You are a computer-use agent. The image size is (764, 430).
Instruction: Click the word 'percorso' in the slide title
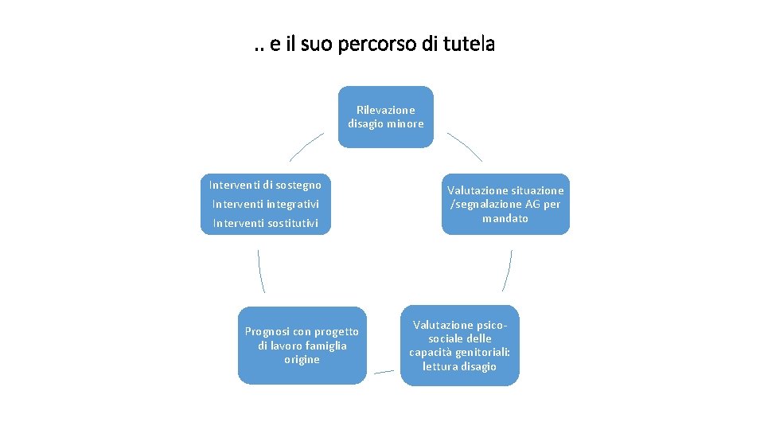click(368, 45)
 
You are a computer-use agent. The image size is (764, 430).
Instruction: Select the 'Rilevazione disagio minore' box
click(385, 117)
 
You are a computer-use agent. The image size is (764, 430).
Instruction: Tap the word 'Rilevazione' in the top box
click(385, 110)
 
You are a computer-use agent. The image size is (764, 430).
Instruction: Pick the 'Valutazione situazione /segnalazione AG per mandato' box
click(505, 204)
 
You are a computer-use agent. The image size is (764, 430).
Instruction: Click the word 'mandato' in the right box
click(505, 218)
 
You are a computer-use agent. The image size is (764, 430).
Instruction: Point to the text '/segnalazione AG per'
click(505, 205)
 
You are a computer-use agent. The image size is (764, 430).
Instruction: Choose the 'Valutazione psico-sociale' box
click(459, 346)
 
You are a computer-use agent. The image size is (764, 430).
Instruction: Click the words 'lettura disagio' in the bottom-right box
click(459, 366)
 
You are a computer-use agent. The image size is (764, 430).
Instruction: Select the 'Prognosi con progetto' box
click(302, 345)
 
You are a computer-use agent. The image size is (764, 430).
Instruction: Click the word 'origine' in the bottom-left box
click(302, 359)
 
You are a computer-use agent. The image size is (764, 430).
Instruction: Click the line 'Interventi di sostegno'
click(265, 185)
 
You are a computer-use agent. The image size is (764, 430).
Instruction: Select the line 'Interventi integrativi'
click(265, 204)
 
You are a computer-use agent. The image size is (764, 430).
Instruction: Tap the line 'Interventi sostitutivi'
click(265, 223)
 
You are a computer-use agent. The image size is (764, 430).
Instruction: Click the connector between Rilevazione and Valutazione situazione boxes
click(466, 146)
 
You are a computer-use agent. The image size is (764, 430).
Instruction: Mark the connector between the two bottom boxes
click(384, 371)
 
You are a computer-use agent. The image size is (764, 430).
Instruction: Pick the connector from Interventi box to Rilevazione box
click(305, 146)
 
